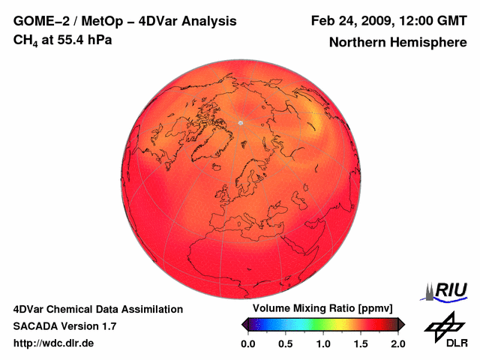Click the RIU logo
click(x=448, y=290)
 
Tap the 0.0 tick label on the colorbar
click(x=247, y=343)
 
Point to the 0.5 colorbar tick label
click(x=285, y=343)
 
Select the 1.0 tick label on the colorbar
click(x=323, y=343)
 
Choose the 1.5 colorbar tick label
click(x=361, y=343)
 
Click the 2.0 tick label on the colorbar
click(x=398, y=343)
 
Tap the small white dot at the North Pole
click(x=241, y=122)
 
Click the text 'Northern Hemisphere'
click(x=397, y=43)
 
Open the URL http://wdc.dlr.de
click(x=54, y=343)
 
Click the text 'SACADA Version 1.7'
click(x=64, y=326)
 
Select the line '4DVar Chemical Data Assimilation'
click(x=98, y=309)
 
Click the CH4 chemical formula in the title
click(x=25, y=40)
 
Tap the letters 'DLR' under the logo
click(x=457, y=343)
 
